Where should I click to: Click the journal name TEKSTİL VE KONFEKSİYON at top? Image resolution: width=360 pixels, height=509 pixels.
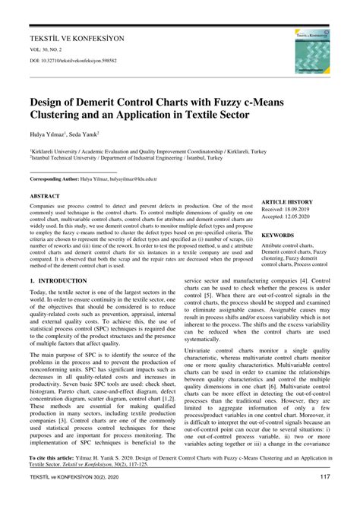click(x=77, y=36)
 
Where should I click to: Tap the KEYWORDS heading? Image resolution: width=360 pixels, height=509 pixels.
click(x=278, y=236)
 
